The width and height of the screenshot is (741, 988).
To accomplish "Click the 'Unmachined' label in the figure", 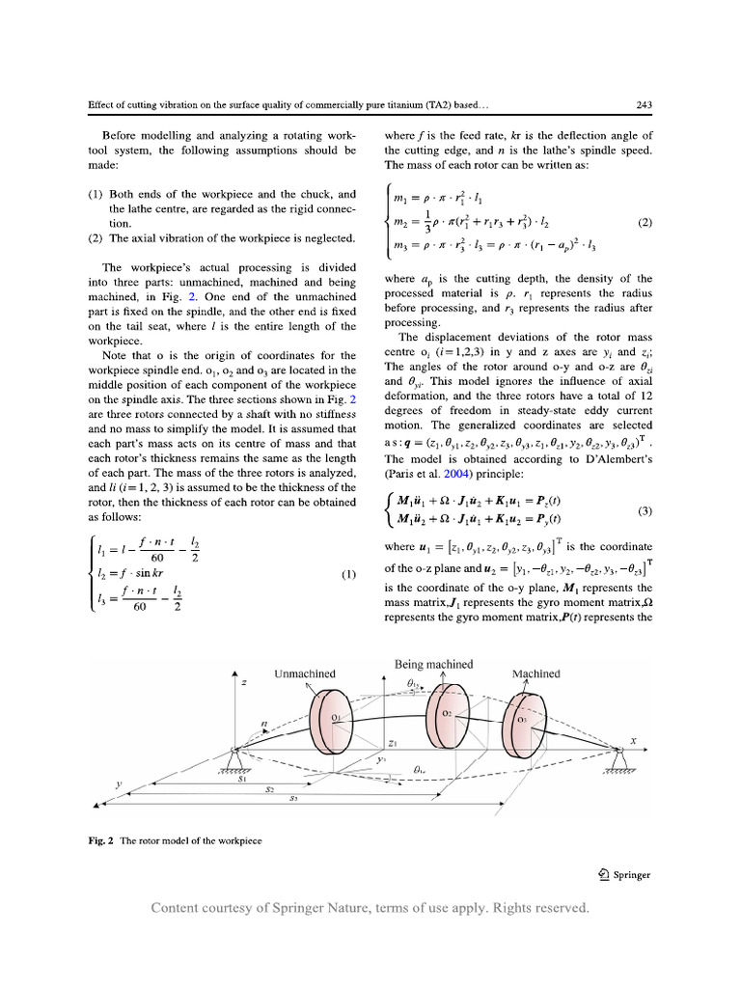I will (x=306, y=674).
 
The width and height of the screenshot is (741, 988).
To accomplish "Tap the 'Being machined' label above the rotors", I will (x=434, y=664).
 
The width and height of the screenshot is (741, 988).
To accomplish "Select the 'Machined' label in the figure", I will (x=535, y=674).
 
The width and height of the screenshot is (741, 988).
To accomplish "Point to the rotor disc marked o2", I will (x=446, y=715).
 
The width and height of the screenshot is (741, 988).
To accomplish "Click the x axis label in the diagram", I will (x=634, y=741).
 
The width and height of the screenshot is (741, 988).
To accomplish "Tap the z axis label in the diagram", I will (x=244, y=683).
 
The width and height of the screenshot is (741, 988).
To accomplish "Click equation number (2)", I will (x=645, y=223).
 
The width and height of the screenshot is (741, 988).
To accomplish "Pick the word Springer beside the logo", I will (x=630, y=875).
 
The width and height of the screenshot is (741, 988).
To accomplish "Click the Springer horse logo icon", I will (x=602, y=875).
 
